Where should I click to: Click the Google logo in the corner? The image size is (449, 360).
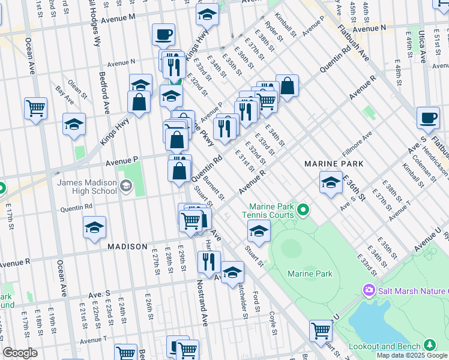(x=20, y=353)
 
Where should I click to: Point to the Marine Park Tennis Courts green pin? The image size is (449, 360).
(x=304, y=210)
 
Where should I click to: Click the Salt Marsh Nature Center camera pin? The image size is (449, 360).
(x=368, y=291)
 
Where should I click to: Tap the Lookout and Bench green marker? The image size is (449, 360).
(x=429, y=345)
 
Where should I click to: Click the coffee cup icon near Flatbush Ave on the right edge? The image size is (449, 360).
(x=428, y=118)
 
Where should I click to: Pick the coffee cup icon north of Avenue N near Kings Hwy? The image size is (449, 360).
(x=163, y=34)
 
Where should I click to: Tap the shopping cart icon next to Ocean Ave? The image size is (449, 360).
(x=36, y=109)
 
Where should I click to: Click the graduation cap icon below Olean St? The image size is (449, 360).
(x=74, y=124)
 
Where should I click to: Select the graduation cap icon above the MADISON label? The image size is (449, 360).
(x=94, y=227)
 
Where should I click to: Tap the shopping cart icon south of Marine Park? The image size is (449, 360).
(x=321, y=330)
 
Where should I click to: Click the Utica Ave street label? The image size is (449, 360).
(x=423, y=48)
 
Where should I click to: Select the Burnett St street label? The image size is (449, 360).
(x=213, y=187)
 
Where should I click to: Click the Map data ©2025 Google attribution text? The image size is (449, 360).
(x=411, y=355)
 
